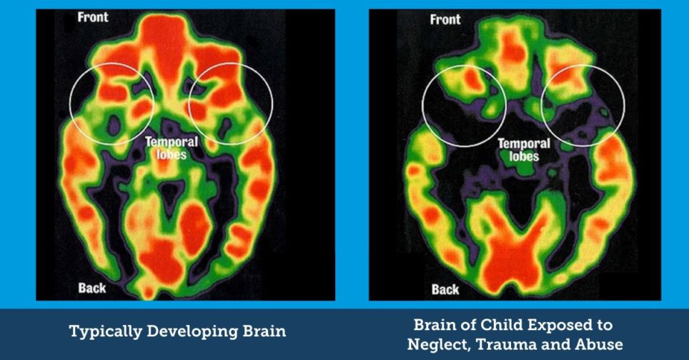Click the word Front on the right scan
[445, 19]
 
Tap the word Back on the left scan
[91, 289]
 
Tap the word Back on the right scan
[445, 289]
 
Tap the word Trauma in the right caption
[513, 345]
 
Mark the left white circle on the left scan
[111, 104]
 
